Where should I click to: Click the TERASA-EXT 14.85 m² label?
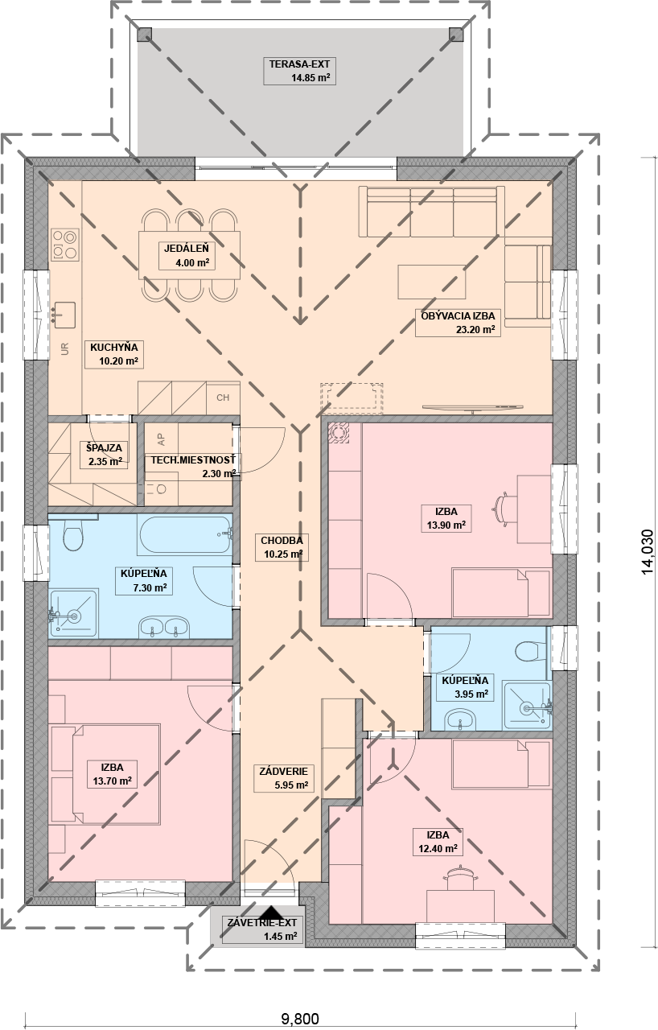(299, 71)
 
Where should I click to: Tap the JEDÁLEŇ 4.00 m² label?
(187, 255)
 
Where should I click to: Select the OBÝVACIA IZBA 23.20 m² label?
(458, 323)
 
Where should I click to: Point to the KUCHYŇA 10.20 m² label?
(114, 353)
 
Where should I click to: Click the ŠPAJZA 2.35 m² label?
(105, 455)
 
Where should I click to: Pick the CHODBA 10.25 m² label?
(282, 546)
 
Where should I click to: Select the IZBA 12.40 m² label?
(438, 842)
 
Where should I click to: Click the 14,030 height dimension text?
(648, 551)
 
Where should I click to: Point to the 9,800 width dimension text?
(299, 1019)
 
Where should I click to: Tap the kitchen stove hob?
(64, 244)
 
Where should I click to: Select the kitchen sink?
(64, 315)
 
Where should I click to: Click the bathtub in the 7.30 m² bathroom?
(184, 535)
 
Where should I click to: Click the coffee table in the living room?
(431, 282)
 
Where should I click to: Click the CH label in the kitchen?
(223, 398)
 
